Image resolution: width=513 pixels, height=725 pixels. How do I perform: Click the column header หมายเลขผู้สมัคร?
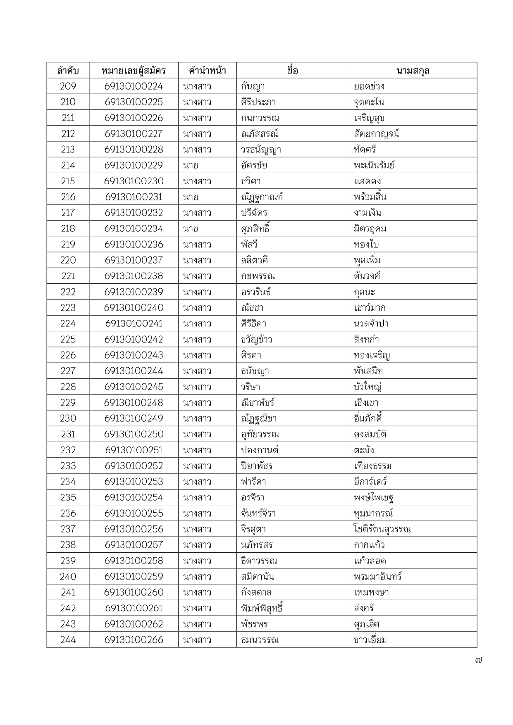coord(134,71)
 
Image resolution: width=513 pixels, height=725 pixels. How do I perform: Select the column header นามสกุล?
coord(413,71)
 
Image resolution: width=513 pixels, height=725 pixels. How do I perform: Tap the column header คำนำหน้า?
coord(207,71)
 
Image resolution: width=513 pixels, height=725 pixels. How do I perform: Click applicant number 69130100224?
coord(134,86)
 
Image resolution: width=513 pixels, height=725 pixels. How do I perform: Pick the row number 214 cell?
coord(68,165)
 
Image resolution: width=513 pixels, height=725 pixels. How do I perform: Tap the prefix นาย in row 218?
coord(191,228)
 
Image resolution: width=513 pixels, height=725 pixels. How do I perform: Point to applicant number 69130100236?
coord(134,245)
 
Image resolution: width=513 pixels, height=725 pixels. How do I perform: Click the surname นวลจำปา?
coord(371,323)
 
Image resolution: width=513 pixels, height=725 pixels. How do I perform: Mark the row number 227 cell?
coord(68,371)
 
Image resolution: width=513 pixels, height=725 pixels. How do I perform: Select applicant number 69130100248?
coord(134,403)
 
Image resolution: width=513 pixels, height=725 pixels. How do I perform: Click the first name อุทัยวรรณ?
coord(260,434)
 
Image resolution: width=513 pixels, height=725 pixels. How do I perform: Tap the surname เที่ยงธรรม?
coord(372,466)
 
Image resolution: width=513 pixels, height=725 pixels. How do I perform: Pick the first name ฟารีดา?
coord(253,482)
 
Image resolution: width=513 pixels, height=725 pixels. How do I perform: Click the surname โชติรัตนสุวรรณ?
coord(382,529)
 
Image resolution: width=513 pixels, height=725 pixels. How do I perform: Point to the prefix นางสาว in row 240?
coord(197,577)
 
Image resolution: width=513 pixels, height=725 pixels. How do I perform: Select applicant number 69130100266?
coord(134,640)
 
